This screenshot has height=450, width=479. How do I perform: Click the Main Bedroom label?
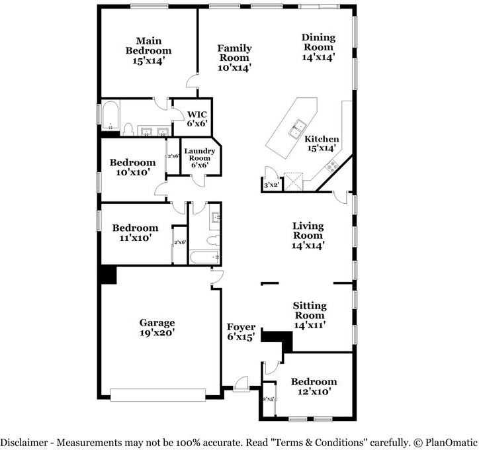pos(149,50)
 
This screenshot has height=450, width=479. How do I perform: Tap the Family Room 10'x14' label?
pos(235,57)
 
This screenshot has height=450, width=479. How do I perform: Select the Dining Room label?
pos(319,47)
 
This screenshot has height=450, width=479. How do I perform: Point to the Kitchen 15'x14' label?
pos(322,144)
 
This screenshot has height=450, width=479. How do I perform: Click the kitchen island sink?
pos(300,124)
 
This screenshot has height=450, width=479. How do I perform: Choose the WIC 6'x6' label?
pos(197,118)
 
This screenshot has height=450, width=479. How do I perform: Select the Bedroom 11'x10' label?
pos(135,232)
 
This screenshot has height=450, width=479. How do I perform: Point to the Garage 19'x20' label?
pos(157,328)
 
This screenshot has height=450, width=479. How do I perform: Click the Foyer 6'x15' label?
pos(241,332)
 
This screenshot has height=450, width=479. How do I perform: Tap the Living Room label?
pos(308,236)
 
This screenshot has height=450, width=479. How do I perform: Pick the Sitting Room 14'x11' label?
pos(309,315)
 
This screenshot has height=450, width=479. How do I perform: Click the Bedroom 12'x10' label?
pos(314,386)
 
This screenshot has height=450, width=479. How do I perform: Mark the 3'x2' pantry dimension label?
pos(270,185)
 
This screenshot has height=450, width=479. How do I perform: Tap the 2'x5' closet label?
pos(269,400)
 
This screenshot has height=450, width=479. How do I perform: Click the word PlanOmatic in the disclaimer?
pos(449,441)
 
